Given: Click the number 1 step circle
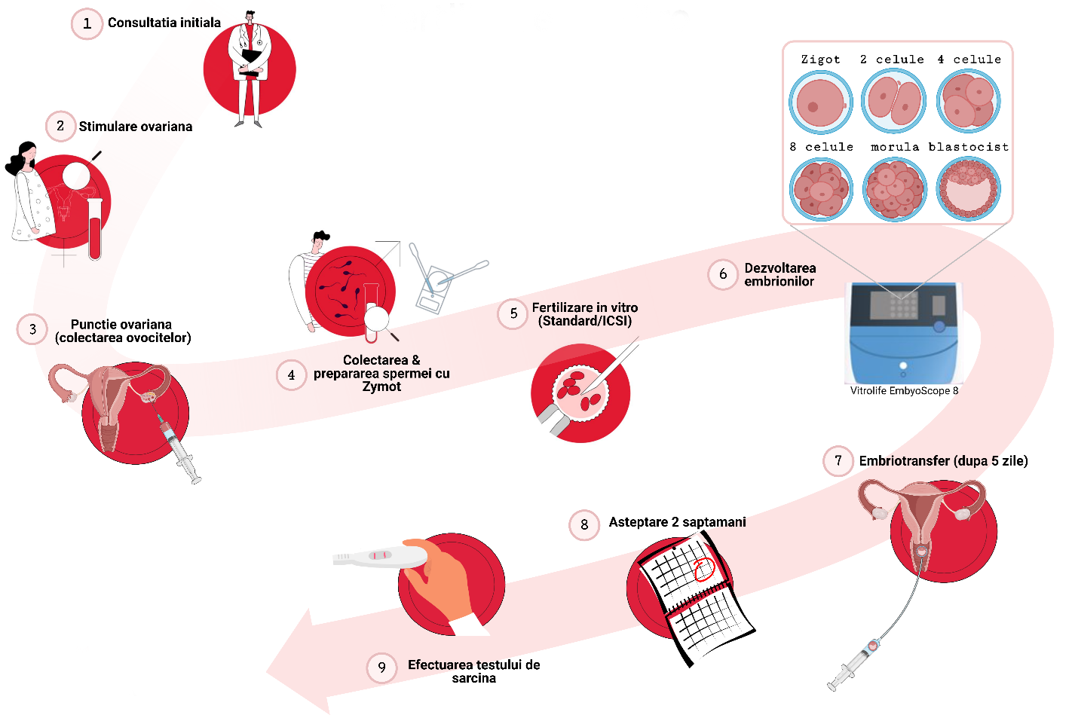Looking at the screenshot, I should click(x=87, y=24).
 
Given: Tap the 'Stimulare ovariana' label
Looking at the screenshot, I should click(x=135, y=127).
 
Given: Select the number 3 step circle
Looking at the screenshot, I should click(x=32, y=329).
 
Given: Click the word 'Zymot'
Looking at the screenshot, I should click(x=381, y=386).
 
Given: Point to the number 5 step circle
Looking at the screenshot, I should click(x=513, y=313).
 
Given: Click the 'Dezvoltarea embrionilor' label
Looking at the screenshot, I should click(x=779, y=274).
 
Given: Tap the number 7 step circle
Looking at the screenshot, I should click(x=838, y=460).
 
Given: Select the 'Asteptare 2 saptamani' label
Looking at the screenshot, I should click(x=677, y=522).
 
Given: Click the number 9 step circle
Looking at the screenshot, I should click(x=382, y=668).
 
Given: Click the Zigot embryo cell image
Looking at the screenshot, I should click(x=820, y=102).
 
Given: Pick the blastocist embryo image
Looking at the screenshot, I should click(x=969, y=188).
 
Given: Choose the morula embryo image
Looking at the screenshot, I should click(x=894, y=188).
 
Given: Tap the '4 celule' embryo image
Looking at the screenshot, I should click(x=969, y=101).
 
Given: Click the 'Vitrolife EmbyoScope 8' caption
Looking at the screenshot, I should click(x=904, y=391).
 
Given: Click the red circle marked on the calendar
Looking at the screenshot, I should click(x=703, y=569).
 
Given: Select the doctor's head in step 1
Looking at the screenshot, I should click(x=250, y=17).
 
